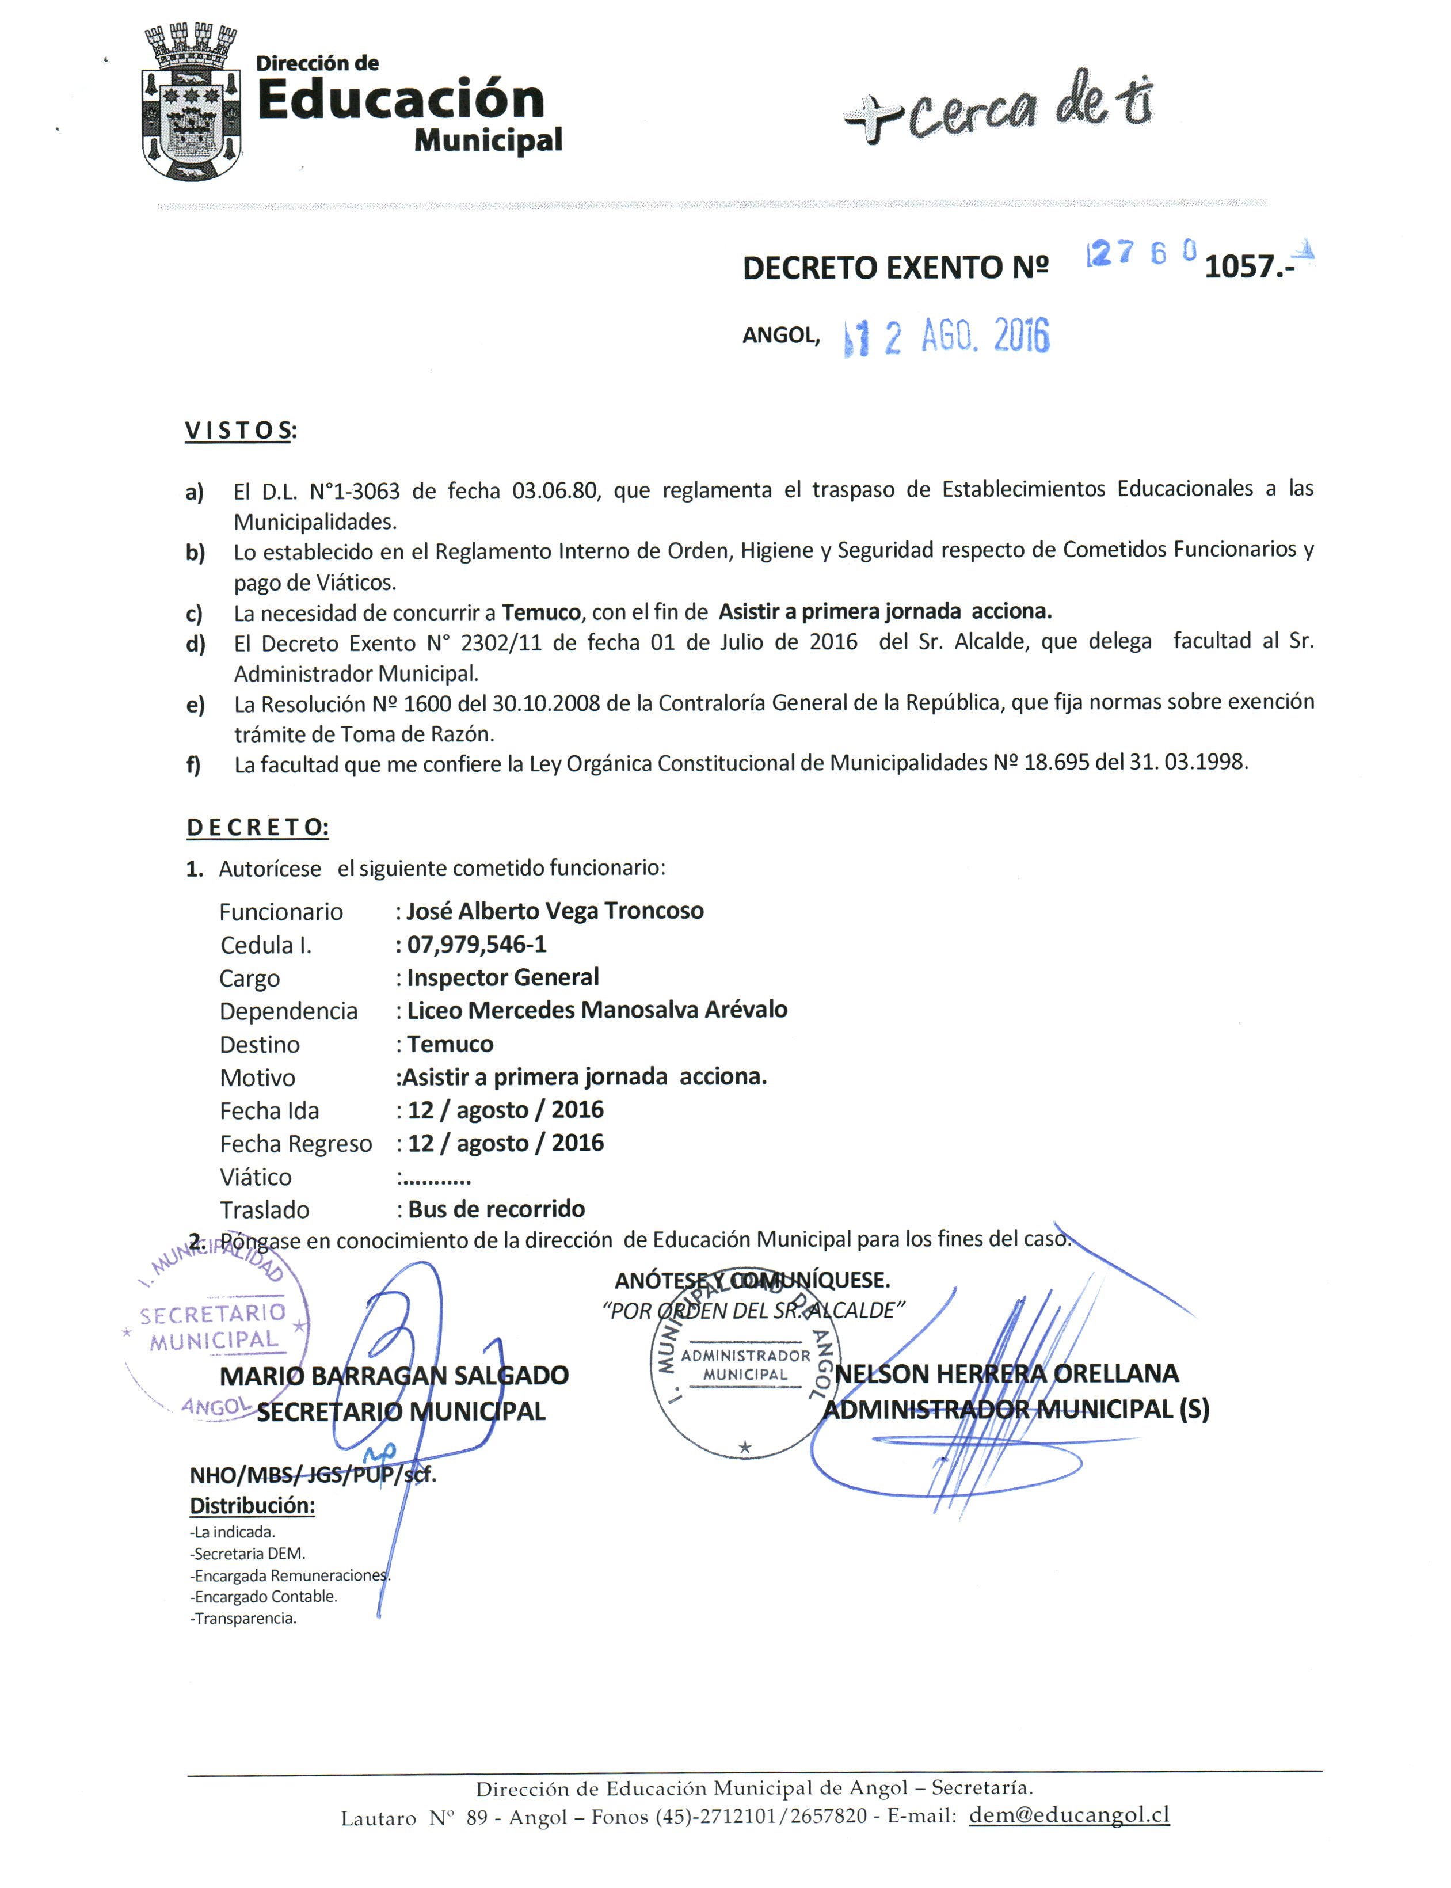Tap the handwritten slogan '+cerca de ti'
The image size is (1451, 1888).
[997, 108]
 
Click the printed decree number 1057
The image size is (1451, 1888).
[1242, 267]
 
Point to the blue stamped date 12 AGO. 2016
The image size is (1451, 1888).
[947, 337]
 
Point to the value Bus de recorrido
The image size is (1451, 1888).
[497, 1209]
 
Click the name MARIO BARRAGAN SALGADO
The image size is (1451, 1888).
[394, 1375]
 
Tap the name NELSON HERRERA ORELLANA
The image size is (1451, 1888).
[1007, 1373]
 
